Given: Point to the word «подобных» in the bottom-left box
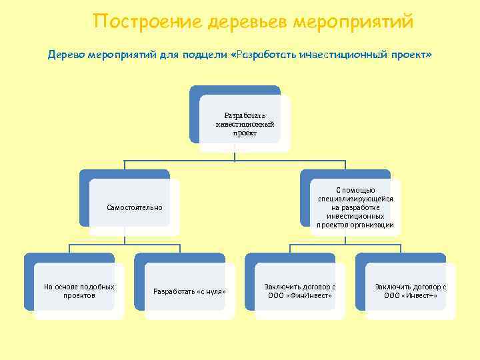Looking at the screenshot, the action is (97, 287).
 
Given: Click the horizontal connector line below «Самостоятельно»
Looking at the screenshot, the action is (127, 245).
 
